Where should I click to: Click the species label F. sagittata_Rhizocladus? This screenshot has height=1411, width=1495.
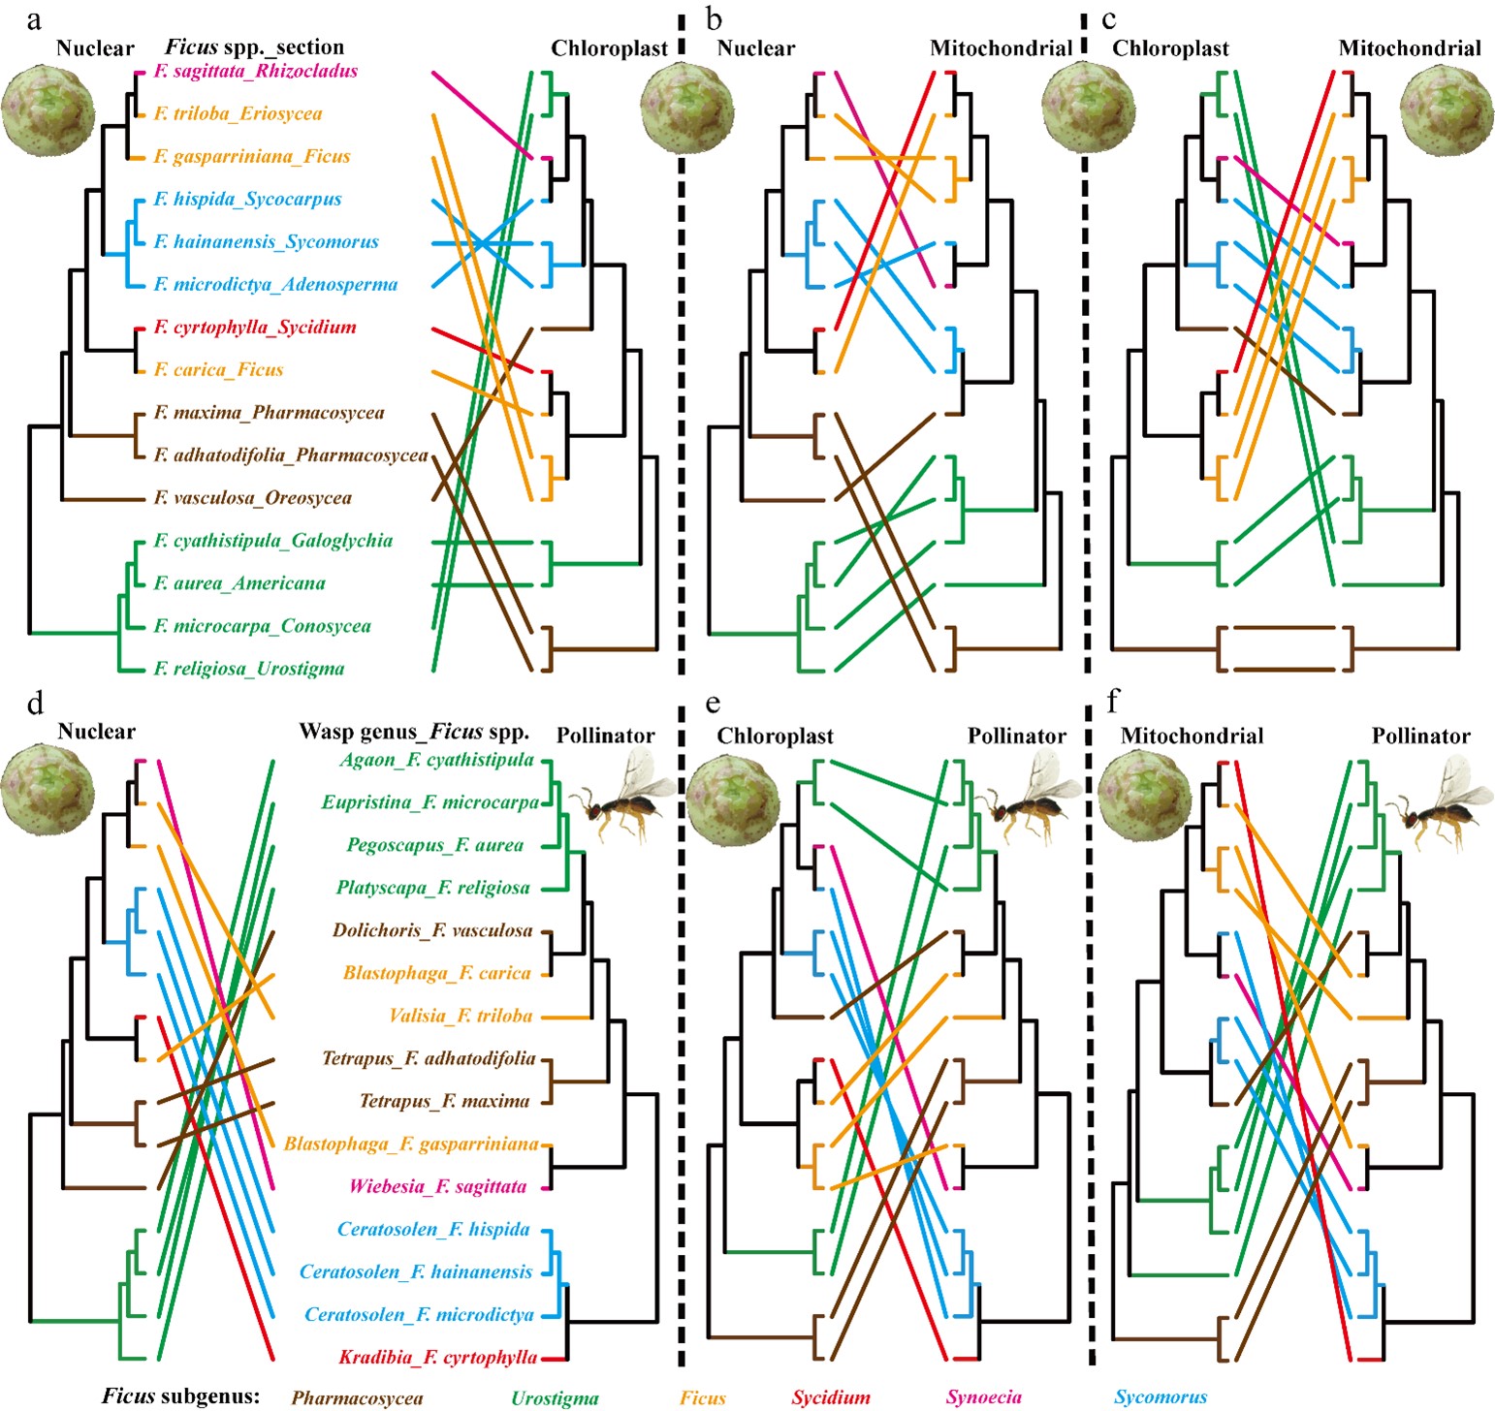[256, 72]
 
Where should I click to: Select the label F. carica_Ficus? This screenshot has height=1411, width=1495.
[219, 370]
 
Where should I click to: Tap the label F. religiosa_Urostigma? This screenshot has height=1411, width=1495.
[249, 669]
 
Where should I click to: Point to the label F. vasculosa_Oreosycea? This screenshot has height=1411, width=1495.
[253, 498]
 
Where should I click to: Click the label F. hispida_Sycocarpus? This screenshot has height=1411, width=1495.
[248, 200]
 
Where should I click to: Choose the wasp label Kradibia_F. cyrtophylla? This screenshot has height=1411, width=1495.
[438, 1358]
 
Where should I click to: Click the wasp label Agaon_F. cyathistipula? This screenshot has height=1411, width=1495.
[437, 760]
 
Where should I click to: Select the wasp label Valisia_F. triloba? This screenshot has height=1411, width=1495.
[461, 1016]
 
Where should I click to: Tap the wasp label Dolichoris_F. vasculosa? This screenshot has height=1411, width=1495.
[432, 930]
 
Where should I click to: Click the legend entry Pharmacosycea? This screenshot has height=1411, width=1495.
[358, 1397]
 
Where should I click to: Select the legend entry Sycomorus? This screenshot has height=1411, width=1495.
[1161, 1397]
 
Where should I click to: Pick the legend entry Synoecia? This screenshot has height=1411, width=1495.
[984, 1397]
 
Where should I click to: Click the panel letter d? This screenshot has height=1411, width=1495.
[36, 703]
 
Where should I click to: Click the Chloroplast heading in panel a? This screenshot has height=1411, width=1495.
[610, 48]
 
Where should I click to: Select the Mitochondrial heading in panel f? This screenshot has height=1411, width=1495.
[1192, 737]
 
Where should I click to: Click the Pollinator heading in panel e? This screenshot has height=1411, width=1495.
[1017, 737]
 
